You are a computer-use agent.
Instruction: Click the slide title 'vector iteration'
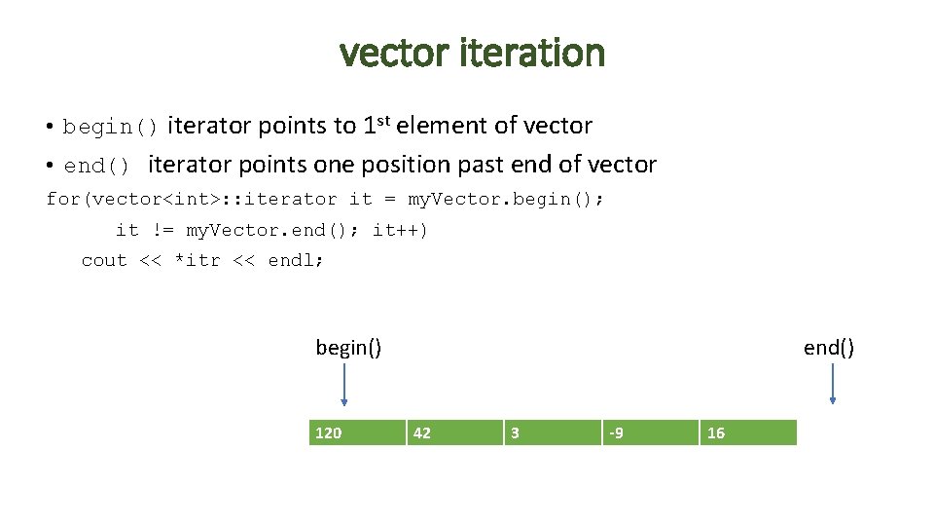tap(472, 53)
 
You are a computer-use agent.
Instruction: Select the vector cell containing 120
tap(356, 432)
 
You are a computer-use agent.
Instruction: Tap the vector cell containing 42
tap(453, 432)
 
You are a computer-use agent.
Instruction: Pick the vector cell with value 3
tap(552, 432)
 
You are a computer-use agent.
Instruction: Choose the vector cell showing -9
tap(649, 432)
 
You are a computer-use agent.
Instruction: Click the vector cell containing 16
tap(747, 432)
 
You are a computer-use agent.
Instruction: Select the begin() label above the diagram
tap(348, 347)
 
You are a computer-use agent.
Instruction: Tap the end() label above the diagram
tap(829, 347)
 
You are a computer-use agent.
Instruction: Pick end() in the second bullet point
tap(98, 166)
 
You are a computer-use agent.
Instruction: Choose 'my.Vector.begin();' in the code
tap(505, 199)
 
